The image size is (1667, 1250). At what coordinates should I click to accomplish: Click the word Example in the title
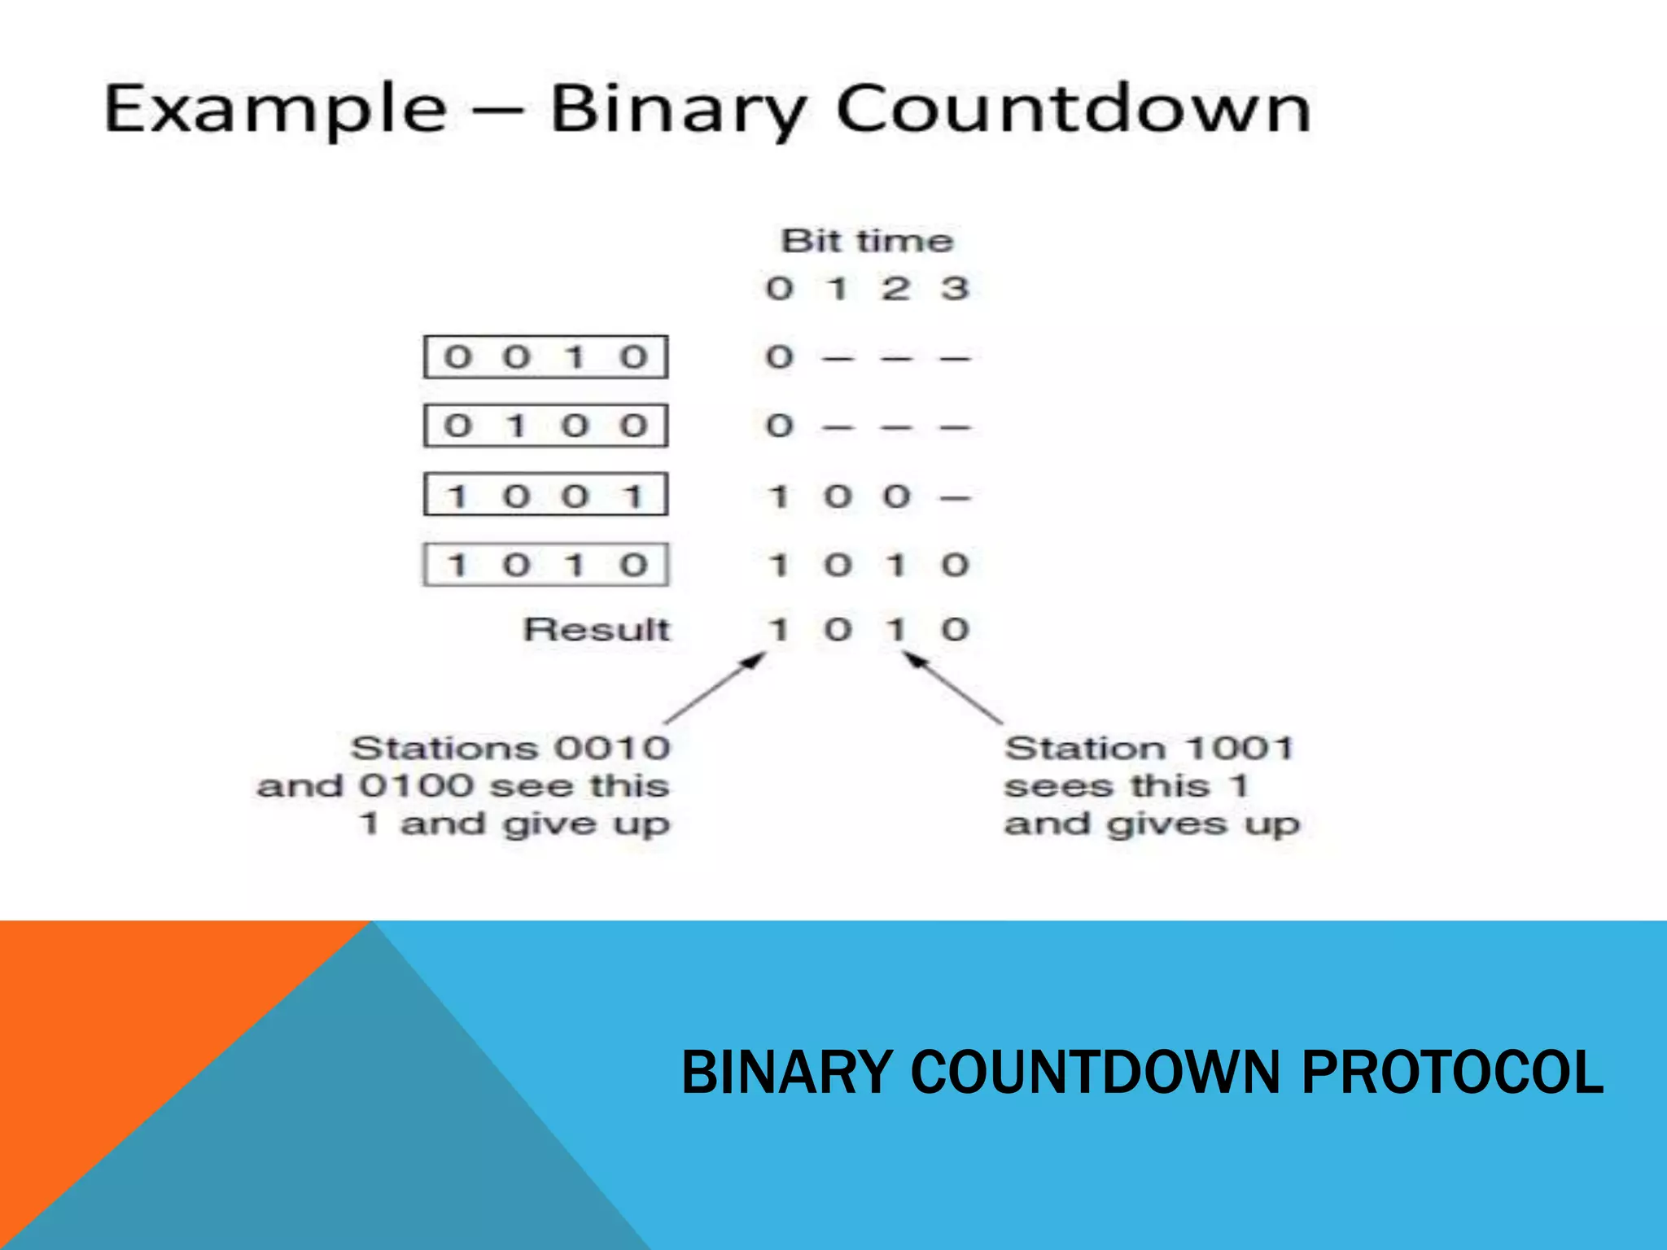(x=275, y=110)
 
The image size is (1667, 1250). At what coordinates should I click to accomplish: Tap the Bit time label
(x=867, y=241)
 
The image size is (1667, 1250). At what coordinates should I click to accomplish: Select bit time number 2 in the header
(x=895, y=288)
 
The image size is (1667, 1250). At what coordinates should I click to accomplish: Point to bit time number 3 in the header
(x=955, y=288)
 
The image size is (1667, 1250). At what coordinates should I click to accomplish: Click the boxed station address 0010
(x=545, y=357)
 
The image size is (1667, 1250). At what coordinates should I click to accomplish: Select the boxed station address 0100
(x=545, y=426)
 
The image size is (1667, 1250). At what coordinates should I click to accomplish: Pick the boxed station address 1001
(x=545, y=495)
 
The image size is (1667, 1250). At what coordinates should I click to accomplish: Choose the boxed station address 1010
(x=545, y=564)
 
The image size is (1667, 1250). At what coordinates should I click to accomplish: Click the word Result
(x=597, y=629)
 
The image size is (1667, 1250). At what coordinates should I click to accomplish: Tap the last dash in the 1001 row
(x=955, y=497)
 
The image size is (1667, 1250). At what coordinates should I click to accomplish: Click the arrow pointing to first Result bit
(x=716, y=688)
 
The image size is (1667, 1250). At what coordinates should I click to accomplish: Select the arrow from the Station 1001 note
(x=952, y=688)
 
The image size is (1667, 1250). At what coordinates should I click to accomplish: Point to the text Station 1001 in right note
(x=1149, y=748)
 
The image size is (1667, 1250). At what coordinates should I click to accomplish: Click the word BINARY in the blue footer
(x=785, y=1072)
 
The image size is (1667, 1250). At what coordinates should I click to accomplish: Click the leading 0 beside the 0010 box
(x=779, y=357)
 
